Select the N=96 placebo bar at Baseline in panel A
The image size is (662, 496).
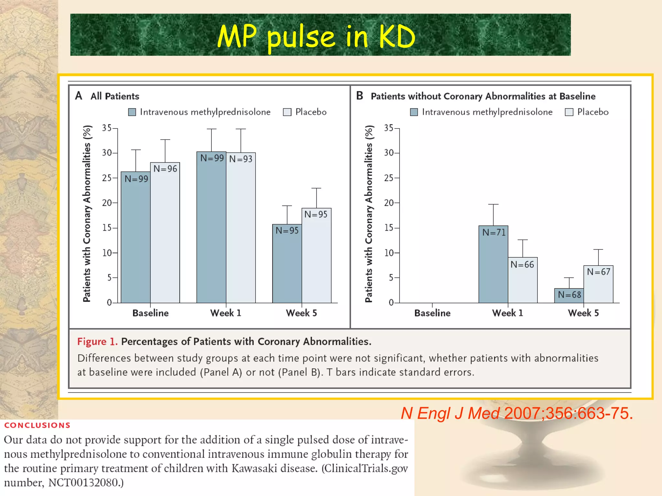pyautogui.click(x=165, y=232)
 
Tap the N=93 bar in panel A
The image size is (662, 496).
pyautogui.click(x=241, y=228)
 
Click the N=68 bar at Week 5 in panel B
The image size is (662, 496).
pyautogui.click(x=569, y=295)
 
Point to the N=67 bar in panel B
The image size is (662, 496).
pyautogui.click(x=598, y=284)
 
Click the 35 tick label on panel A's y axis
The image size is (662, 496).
pyautogui.click(x=107, y=128)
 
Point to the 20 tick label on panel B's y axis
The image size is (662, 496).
pyautogui.click(x=389, y=203)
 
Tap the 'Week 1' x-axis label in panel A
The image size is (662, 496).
pyautogui.click(x=226, y=313)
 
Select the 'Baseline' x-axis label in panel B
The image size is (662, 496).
pyautogui.click(x=432, y=313)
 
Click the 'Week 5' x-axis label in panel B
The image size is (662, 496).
pyautogui.click(x=583, y=313)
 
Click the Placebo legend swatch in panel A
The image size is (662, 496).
pyautogui.click(x=287, y=112)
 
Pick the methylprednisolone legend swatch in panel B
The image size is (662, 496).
pyautogui.click(x=414, y=112)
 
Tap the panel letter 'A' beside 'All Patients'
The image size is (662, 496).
pyautogui.click(x=79, y=96)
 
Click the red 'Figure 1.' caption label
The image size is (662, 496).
pyautogui.click(x=97, y=342)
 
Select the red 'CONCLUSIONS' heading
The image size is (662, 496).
pyautogui.click(x=37, y=425)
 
